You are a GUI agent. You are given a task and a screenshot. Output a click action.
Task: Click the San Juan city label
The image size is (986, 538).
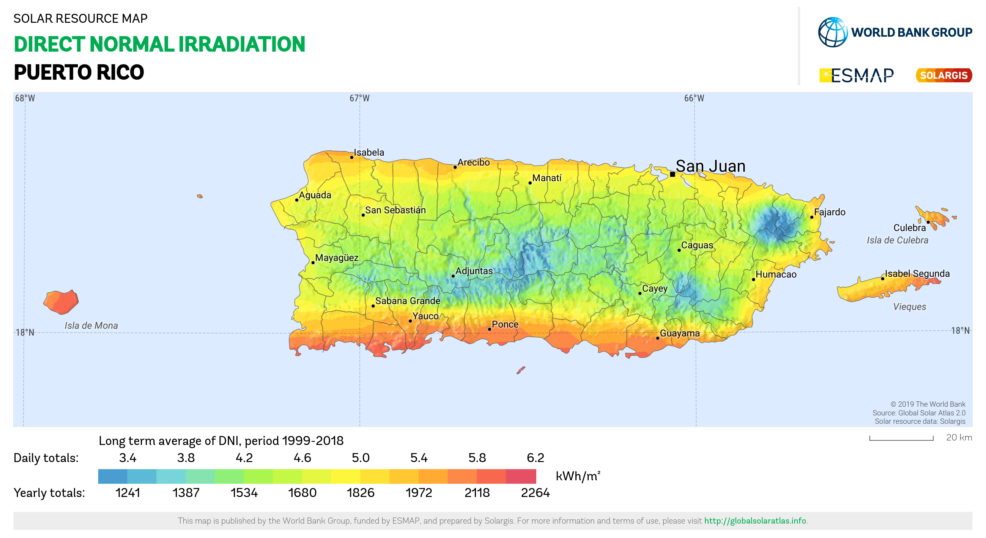(710, 166)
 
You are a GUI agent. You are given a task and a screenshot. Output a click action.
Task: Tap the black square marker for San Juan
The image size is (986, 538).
(673, 174)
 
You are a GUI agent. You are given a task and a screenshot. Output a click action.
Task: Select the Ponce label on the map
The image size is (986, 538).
(505, 324)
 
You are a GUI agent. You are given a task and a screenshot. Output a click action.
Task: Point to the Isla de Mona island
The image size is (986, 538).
(61, 302)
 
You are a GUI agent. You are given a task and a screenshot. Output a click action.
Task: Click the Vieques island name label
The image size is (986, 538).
(909, 307)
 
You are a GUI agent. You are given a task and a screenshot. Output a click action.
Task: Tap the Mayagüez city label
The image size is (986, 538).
(337, 258)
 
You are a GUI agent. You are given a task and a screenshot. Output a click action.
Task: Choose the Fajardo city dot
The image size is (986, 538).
(812, 217)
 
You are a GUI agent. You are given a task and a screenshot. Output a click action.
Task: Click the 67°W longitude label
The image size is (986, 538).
(359, 98)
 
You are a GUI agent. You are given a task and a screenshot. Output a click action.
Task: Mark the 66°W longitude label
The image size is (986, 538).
(694, 98)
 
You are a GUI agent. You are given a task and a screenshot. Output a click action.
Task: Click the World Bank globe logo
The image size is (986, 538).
(833, 32)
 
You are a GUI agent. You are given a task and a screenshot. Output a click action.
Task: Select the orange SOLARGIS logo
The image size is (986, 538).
(943, 76)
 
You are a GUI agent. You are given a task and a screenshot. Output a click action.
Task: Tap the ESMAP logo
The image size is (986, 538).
(857, 76)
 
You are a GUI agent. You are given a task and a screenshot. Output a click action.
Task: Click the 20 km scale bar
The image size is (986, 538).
(901, 438)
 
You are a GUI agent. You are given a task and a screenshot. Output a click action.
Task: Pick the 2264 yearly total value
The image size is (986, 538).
(535, 492)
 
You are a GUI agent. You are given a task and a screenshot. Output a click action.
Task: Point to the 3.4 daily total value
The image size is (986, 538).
(128, 458)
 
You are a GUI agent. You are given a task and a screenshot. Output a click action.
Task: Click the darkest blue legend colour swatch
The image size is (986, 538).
(113, 476)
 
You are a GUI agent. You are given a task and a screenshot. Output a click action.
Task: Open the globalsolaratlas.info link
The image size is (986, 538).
(755, 521)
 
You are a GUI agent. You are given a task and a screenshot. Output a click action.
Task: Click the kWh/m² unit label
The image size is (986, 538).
(578, 476)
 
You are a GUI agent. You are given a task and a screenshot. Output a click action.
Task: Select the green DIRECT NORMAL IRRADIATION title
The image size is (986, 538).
(159, 44)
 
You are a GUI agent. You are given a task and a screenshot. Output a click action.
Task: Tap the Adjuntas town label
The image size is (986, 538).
(474, 271)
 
